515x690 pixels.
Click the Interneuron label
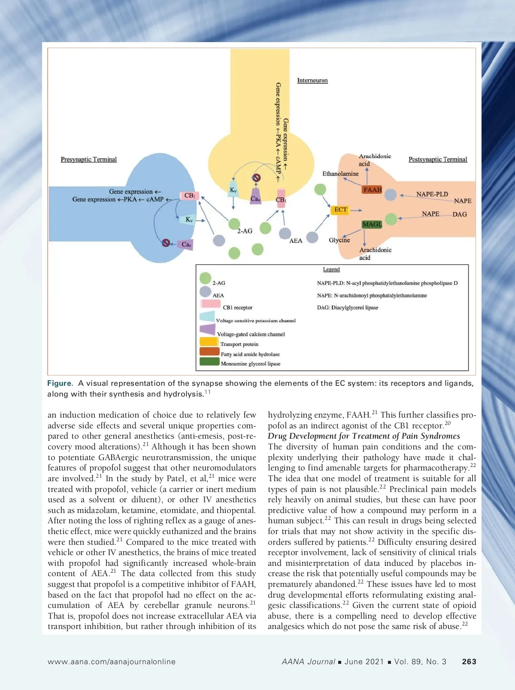tap(312, 80)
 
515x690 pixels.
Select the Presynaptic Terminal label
tap(88, 159)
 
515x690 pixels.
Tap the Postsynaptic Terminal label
tap(438, 159)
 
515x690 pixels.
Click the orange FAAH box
tap(372, 189)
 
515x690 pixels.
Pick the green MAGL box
tap(372, 224)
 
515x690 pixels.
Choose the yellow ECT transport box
tap(340, 210)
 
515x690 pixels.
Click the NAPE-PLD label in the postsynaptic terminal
tap(432, 194)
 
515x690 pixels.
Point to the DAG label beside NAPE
tap(460, 214)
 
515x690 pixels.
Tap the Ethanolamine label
tap(340, 174)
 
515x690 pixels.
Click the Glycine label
tap(339, 240)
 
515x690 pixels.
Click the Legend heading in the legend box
tap(331, 269)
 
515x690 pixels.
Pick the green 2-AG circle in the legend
tap(206, 278)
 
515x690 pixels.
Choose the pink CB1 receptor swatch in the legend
tap(211, 304)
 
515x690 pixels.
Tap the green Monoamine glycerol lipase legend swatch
tap(209, 362)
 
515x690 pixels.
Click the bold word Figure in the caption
tap(60, 383)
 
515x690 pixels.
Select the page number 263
tap(469, 662)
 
